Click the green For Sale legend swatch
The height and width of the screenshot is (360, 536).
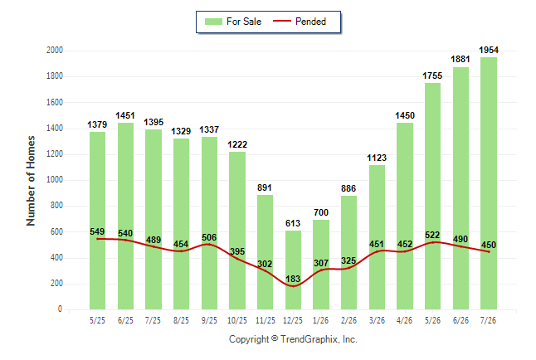(x=213, y=22)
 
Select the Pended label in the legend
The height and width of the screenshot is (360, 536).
(x=310, y=22)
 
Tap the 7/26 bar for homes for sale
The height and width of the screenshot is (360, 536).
(x=489, y=183)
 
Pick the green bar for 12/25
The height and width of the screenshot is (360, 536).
(x=293, y=270)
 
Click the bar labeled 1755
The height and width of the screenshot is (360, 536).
(x=433, y=197)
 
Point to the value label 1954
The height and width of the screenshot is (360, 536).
(x=489, y=51)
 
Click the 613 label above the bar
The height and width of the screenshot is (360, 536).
(x=293, y=223)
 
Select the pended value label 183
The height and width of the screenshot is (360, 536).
(x=293, y=279)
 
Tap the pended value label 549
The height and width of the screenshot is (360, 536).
(x=97, y=231)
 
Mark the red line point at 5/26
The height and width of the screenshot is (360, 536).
(x=433, y=242)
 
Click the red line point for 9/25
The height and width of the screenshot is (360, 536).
(x=209, y=244)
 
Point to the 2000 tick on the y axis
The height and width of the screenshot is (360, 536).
(x=55, y=51)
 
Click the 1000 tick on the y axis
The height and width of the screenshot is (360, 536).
(x=55, y=180)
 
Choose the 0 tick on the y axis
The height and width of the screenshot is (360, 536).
(x=61, y=309)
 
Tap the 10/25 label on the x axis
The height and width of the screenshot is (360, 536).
(x=237, y=320)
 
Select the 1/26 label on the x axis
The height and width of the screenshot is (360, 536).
(x=320, y=320)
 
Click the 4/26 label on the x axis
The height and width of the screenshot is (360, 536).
(x=404, y=320)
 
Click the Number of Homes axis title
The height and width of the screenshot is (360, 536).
(x=31, y=181)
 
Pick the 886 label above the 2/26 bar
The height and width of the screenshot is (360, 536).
(x=348, y=188)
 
